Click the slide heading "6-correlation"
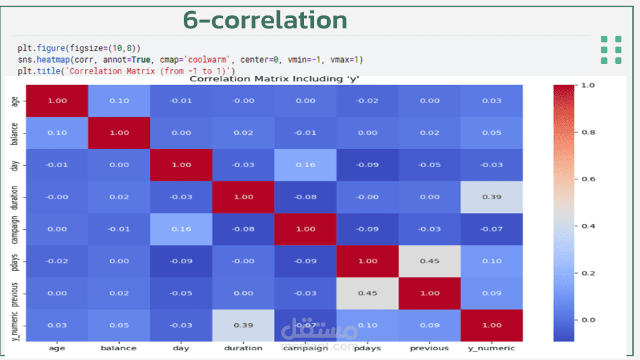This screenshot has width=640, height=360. tap(265, 20)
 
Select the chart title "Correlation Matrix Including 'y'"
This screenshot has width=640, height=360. tap(274, 79)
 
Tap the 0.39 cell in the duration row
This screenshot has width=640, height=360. tap(491, 197)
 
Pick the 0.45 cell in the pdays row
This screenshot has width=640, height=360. tap(429, 261)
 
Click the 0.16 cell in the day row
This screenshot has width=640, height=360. tap(305, 165)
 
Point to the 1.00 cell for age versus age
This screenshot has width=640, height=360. tap(57, 101)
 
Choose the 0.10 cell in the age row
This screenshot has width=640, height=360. tap(119, 101)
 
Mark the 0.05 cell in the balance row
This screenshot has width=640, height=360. tap(491, 133)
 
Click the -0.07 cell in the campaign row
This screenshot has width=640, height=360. tap(491, 229)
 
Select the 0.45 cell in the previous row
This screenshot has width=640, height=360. tap(367, 293)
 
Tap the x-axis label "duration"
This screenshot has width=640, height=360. tap(243, 348)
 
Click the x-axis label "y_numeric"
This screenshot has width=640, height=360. tap(491, 348)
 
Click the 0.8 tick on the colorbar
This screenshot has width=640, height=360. tap(588, 132)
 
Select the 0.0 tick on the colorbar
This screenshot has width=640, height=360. tap(588, 320)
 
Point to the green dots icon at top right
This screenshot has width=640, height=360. tap(611, 50)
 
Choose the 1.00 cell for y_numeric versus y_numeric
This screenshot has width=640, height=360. tap(491, 325)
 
